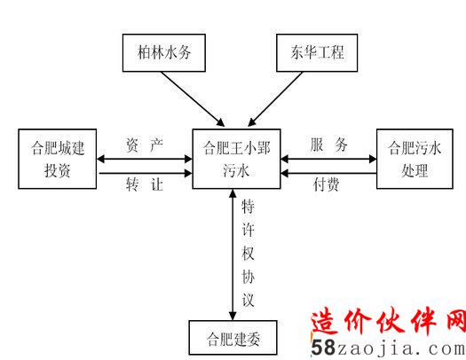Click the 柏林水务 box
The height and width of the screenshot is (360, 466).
(x=164, y=53)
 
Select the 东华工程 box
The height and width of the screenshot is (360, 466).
(x=317, y=53)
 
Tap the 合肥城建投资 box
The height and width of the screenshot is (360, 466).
(x=58, y=159)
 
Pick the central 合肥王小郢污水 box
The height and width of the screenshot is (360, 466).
(x=237, y=159)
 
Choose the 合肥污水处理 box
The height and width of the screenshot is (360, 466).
(x=415, y=159)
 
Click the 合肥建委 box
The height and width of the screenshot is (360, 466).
(x=233, y=338)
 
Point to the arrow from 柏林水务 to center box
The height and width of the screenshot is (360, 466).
(x=193, y=98)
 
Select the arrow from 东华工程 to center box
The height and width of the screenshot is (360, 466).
(x=275, y=98)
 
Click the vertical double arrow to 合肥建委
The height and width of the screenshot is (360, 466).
(x=233, y=254)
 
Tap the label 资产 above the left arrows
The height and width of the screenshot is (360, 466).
(x=145, y=145)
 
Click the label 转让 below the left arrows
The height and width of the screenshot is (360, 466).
(x=145, y=184)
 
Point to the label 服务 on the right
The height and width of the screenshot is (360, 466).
(x=328, y=145)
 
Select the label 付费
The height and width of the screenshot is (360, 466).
(x=326, y=184)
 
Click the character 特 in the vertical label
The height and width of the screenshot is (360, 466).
(x=248, y=207)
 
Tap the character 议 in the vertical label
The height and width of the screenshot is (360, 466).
(x=248, y=300)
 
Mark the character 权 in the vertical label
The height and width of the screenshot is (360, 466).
(x=248, y=254)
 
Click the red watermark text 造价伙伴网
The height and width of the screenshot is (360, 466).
(x=389, y=322)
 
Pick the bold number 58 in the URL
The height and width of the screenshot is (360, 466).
(x=324, y=348)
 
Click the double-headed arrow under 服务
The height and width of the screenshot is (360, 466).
(x=328, y=159)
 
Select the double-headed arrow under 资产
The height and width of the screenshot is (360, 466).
(x=145, y=159)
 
